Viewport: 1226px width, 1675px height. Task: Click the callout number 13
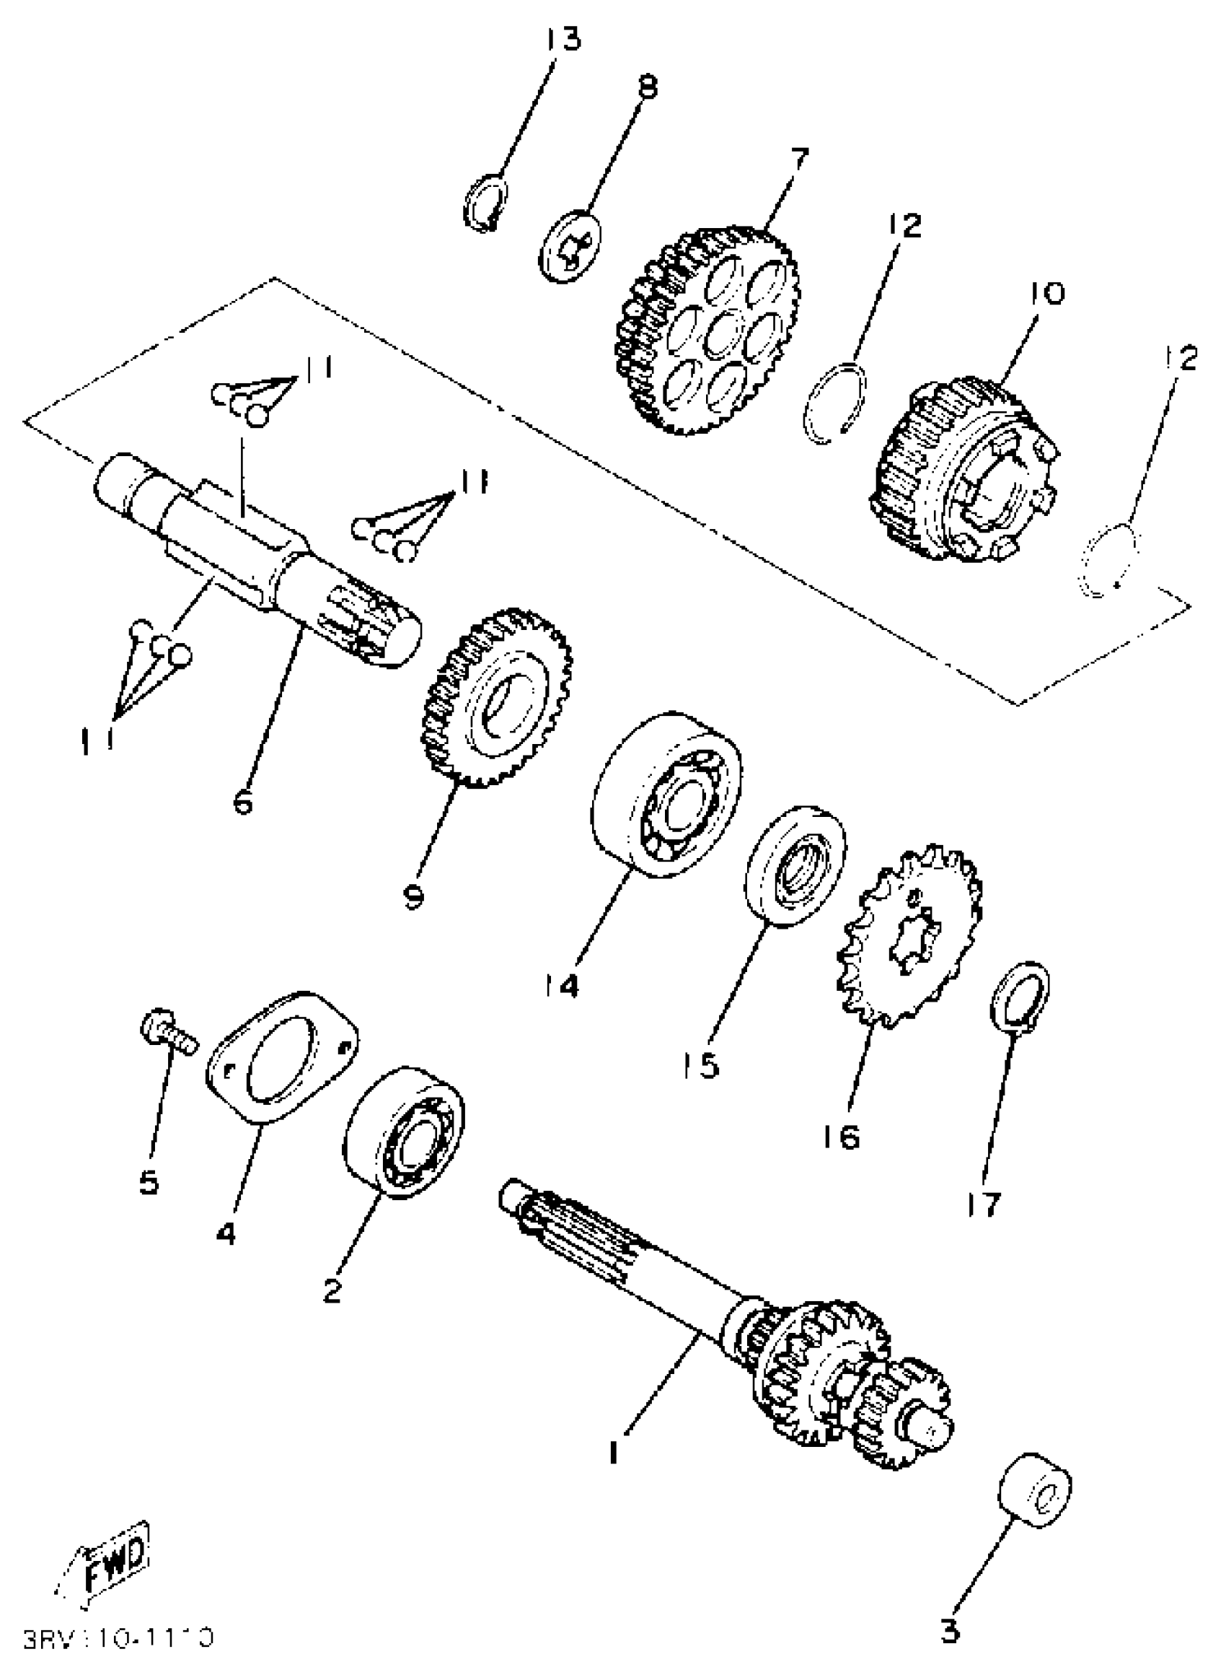[563, 38]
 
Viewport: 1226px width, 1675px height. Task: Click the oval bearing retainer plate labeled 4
[283, 1055]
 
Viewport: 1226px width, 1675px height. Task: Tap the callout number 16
[842, 1135]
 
